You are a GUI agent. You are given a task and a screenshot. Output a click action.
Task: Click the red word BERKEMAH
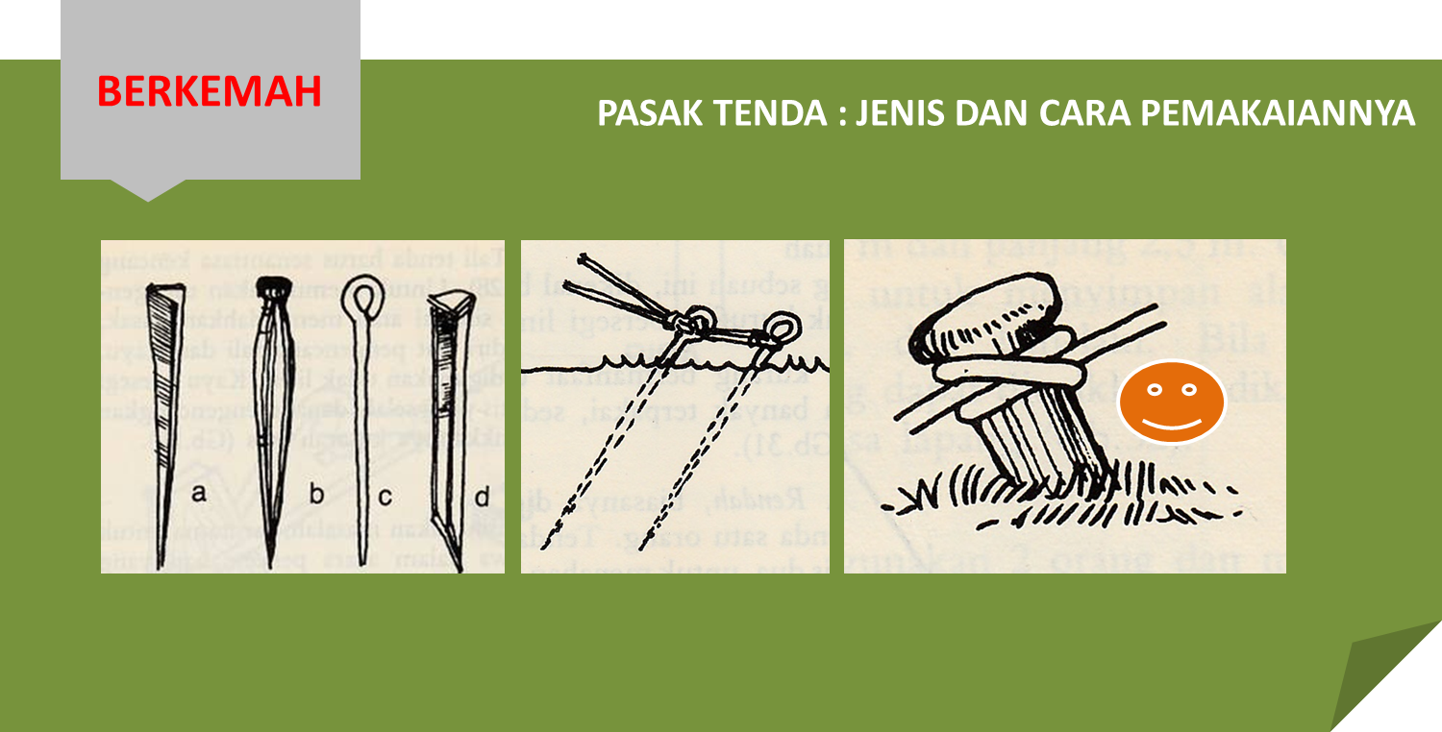209,92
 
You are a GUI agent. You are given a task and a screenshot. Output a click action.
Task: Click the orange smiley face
1171,402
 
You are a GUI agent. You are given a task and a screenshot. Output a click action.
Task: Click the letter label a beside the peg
199,494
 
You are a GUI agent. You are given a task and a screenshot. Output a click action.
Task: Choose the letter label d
482,496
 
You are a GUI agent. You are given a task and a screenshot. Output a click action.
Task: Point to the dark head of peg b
277,285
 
